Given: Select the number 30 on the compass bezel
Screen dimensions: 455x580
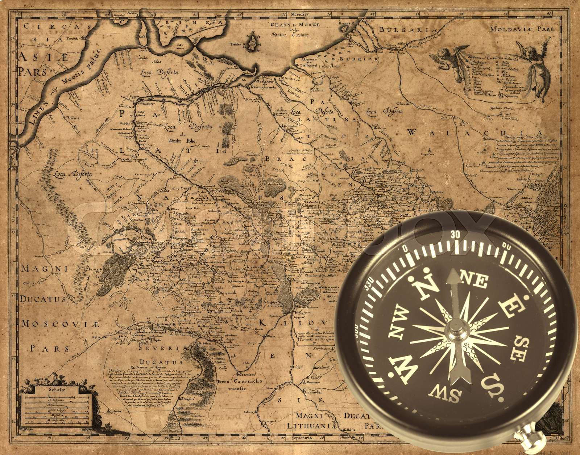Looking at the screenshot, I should (x=455, y=235).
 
